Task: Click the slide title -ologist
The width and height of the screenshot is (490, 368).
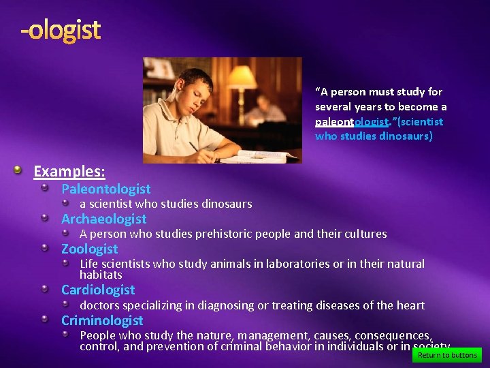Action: (x=61, y=30)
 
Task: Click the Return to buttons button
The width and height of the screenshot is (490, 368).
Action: (x=447, y=355)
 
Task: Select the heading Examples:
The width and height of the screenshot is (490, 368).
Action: (x=69, y=171)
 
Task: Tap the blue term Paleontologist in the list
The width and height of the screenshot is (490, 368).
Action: (x=105, y=189)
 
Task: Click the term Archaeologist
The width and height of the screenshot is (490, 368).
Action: (x=103, y=219)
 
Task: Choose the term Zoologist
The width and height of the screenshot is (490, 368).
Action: (x=89, y=249)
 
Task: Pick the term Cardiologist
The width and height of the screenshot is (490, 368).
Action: (x=98, y=290)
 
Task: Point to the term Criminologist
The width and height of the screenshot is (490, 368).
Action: (x=102, y=320)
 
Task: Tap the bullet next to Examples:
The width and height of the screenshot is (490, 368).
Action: (x=23, y=170)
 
